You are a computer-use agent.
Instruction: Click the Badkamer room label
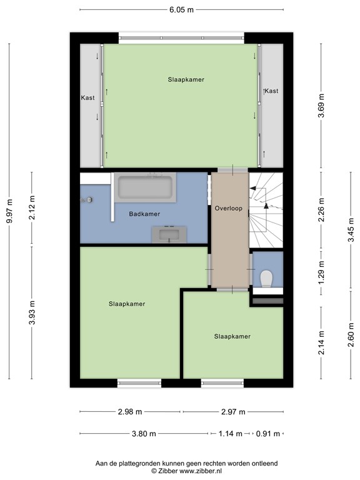pyautogui.click(x=144, y=214)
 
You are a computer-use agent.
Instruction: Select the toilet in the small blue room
pyautogui.click(x=267, y=277)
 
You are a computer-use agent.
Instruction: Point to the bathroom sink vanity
pyautogui.click(x=169, y=234)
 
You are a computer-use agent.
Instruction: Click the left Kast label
pyautogui.click(x=87, y=98)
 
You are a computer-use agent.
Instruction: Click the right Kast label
pyautogui.click(x=272, y=91)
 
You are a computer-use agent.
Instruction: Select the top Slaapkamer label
pyautogui.click(x=186, y=80)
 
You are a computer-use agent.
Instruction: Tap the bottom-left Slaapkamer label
pyautogui.click(x=127, y=304)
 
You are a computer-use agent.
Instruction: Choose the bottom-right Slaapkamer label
pyautogui.click(x=232, y=336)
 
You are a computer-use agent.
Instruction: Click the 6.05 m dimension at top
pyautogui.click(x=181, y=10)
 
